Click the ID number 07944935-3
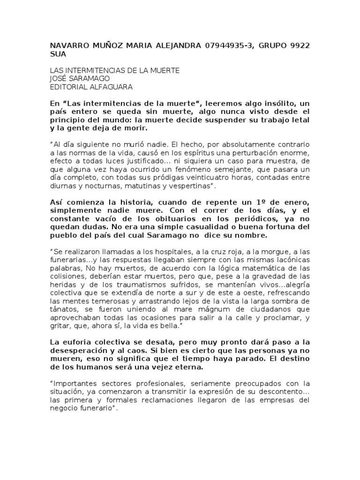pyautogui.click(x=227, y=45)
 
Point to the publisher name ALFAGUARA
pyautogui.click(x=108, y=87)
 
